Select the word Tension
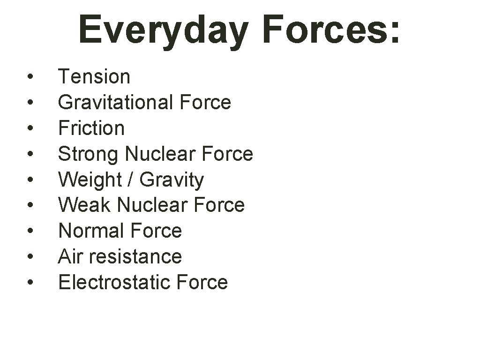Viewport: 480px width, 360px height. pos(94,77)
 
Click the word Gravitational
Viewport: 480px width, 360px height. pos(115,103)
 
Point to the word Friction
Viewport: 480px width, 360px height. pos(91,128)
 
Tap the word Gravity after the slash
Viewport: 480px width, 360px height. pos(172,180)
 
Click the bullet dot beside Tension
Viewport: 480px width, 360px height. pos(30,77)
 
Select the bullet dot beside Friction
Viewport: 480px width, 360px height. pos(30,128)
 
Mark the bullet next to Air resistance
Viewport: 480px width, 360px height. pos(30,256)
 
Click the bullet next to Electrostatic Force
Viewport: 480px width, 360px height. pos(30,282)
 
